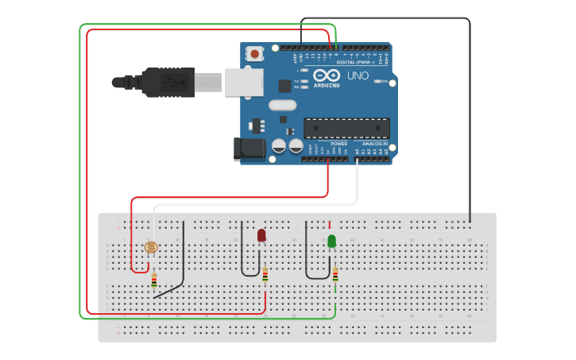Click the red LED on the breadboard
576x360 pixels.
pos(261,235)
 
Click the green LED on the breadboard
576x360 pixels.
pos(331,241)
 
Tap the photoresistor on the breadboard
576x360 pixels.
pos(151,247)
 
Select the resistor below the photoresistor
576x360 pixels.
pos(153,280)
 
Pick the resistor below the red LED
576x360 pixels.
pos(265,276)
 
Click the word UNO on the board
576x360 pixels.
pos(358,75)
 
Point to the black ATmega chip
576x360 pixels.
pos(346,128)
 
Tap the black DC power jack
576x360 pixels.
pos(248,149)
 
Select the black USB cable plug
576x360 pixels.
pos(167,82)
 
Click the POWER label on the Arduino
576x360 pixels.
pos(328,144)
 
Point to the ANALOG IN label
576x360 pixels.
pos(375,144)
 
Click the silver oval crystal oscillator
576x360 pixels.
pos(282,105)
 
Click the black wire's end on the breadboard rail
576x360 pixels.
pos(470,220)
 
